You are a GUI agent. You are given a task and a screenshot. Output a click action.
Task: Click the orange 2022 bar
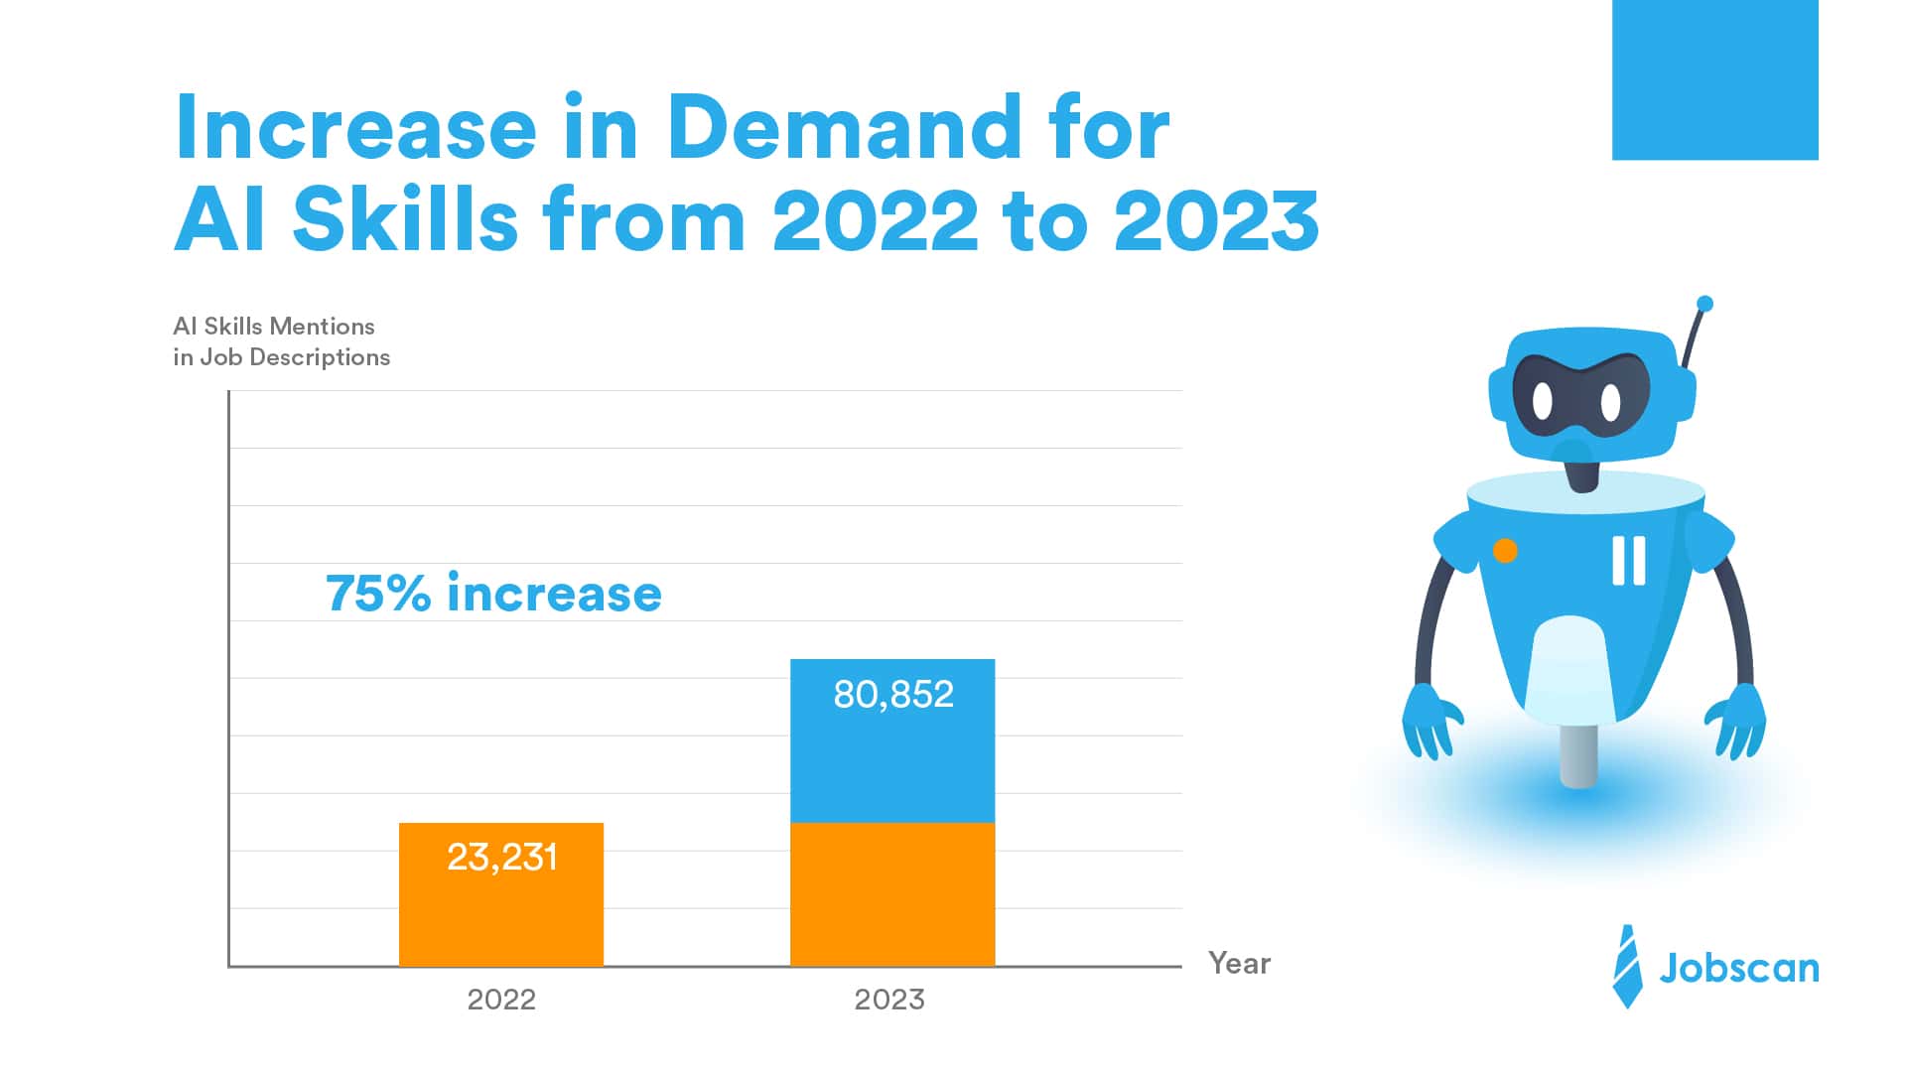[500, 913]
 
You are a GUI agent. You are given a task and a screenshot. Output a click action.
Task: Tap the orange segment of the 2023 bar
[891, 893]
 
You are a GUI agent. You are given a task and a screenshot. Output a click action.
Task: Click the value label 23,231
[501, 857]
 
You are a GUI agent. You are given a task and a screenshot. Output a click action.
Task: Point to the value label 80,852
[892, 694]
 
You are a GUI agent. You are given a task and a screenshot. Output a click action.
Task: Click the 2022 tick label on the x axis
[501, 999]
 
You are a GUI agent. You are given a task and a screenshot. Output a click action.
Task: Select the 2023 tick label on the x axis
[889, 999]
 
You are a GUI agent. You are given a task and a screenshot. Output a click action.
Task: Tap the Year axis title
[1239, 963]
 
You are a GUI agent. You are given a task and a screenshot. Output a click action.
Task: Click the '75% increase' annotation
[493, 594]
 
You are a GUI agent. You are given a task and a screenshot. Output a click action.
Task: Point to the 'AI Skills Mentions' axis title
[274, 327]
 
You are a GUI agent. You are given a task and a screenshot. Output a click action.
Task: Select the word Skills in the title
[405, 219]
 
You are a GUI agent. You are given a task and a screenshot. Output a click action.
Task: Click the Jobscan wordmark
[1739, 968]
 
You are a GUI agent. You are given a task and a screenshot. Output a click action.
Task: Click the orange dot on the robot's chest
[1505, 551]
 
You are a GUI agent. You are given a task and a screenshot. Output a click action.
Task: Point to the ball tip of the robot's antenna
[1704, 304]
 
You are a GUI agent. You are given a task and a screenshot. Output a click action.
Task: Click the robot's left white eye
[1542, 401]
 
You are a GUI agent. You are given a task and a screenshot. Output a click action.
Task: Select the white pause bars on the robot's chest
[1628, 561]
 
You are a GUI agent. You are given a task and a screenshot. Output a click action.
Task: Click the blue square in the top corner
[1714, 79]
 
